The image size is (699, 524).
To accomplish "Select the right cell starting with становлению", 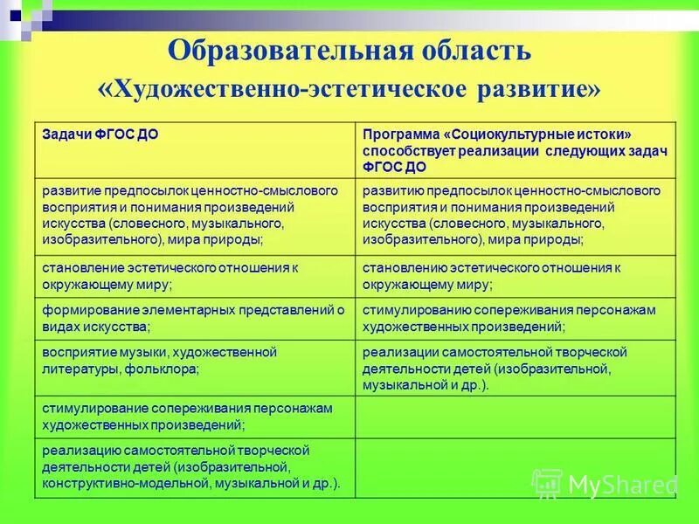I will [x=516, y=276].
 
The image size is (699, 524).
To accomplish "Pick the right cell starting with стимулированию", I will [x=516, y=318].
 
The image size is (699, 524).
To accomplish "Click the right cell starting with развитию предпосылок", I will [x=516, y=214].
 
